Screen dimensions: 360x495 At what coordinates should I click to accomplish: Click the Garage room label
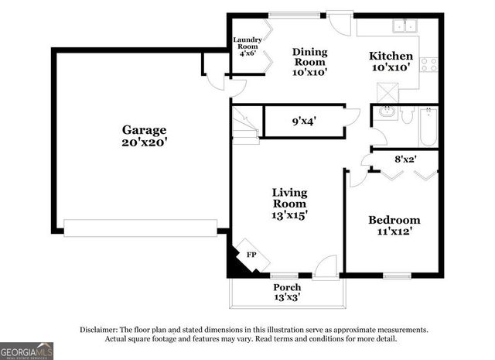pos(144,130)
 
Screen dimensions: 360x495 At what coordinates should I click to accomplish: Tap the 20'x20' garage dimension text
pos(144,142)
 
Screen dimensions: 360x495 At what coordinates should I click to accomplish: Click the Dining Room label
pos(309,57)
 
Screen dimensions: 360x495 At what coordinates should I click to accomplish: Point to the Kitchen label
pos(391,57)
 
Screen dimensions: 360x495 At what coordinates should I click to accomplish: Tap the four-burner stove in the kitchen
pos(429,64)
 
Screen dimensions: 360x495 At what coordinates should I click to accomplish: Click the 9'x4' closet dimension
pos(304,121)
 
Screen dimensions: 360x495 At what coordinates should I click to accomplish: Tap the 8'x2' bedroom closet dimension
pos(405,160)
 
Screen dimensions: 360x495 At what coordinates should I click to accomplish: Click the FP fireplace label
pos(251,254)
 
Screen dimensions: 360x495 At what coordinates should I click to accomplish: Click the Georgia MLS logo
pos(27,351)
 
